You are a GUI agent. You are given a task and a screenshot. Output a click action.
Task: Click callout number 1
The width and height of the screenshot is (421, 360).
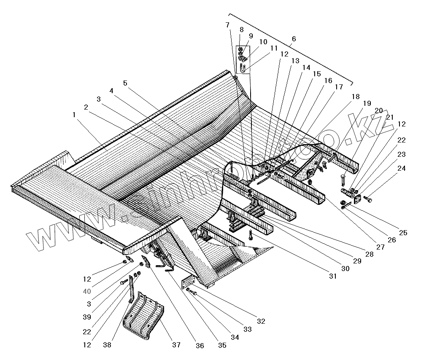[x=74, y=115]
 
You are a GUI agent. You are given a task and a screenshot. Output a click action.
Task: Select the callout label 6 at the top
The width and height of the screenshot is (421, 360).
[x=294, y=39]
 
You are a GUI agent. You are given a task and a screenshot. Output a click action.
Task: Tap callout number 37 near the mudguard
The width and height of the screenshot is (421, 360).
[x=176, y=345]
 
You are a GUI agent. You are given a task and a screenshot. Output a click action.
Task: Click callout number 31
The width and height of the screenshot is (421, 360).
[x=333, y=277]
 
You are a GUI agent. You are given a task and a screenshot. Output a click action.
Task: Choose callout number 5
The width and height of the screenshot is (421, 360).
[x=125, y=83]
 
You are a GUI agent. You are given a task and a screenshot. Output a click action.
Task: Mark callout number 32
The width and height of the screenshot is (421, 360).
[x=261, y=322]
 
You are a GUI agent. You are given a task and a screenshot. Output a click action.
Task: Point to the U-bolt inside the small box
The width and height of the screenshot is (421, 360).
[x=243, y=68]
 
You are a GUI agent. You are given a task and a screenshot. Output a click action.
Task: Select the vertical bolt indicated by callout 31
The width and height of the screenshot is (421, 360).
[x=251, y=235]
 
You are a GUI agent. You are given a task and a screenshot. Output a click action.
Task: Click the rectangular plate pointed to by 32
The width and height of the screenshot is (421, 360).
[x=188, y=283]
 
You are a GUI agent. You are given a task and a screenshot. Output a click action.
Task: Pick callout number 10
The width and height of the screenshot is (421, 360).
[x=263, y=42]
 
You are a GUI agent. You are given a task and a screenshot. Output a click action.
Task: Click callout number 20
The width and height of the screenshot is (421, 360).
[x=378, y=110]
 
